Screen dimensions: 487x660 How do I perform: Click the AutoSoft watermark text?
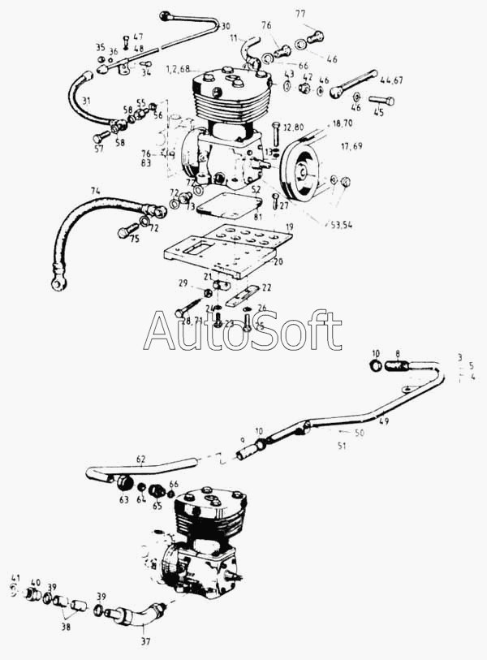point(243,330)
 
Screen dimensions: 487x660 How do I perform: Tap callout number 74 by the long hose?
point(96,190)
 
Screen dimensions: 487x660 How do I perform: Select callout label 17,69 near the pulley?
point(351,146)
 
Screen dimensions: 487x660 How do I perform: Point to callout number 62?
point(140,459)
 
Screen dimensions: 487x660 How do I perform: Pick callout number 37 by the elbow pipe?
point(146,641)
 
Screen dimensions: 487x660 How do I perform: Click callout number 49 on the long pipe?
point(384,421)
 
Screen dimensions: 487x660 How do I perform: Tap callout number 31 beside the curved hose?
point(86,100)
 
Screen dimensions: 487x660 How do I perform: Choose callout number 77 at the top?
point(300,14)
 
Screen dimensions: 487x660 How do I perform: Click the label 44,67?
point(391,80)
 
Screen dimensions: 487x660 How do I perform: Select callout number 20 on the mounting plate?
point(278,262)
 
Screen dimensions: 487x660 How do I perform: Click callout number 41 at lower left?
point(15,578)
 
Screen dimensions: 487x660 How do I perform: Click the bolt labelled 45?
point(381,101)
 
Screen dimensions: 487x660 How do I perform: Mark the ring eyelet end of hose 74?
point(58,285)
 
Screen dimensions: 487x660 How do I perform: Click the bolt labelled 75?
point(126,231)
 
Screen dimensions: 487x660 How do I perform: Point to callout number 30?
point(225,27)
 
